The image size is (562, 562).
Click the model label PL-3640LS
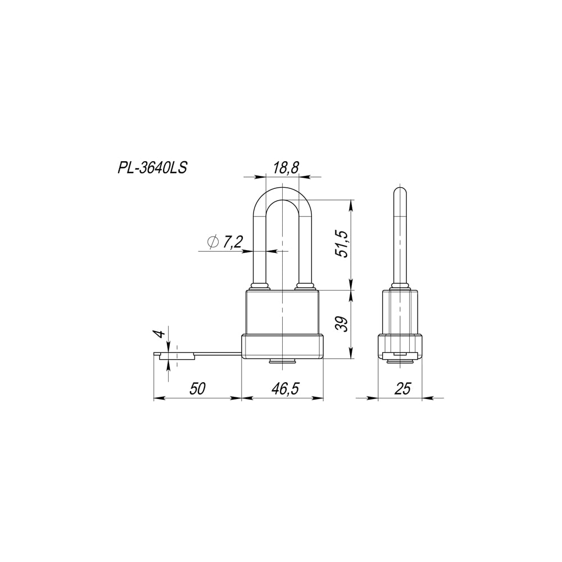tap(152, 167)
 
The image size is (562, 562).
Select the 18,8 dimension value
tap(285, 167)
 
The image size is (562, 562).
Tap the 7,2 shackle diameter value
tap(233, 243)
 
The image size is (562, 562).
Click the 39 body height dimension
tap(343, 324)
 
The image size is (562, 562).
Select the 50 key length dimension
tap(197, 388)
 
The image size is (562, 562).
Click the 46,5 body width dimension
tap(285, 388)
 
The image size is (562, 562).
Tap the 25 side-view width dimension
tap(402, 388)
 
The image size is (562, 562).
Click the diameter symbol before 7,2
tap(212, 242)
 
